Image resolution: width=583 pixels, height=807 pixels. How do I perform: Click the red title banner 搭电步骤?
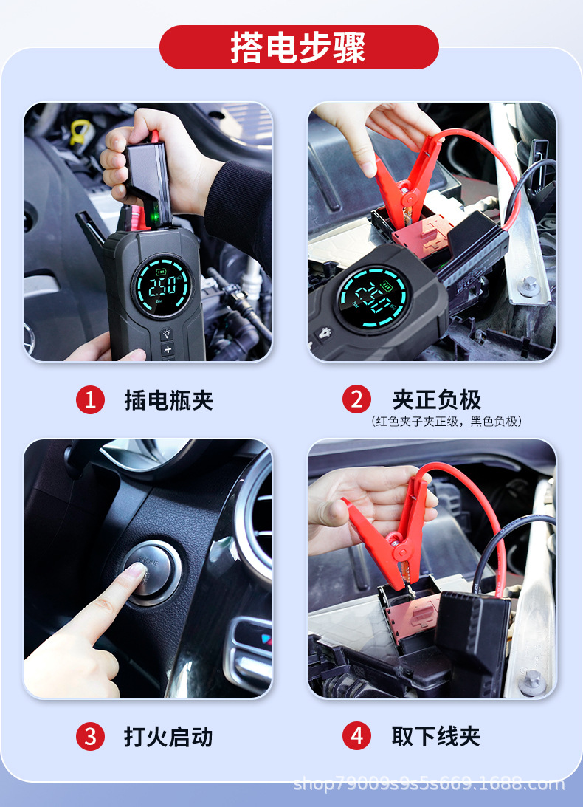point(299,47)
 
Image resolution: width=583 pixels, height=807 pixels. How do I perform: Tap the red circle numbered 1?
point(91,399)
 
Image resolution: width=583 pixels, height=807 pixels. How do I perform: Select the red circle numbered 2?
point(356,399)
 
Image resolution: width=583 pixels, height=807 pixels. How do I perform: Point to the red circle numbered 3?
point(91,737)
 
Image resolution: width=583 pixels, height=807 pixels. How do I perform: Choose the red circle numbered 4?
point(356,736)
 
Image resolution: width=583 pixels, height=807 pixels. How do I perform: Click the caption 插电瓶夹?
point(169,400)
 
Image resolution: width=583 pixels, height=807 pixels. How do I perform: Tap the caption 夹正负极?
point(436,399)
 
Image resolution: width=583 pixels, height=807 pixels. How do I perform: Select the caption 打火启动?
point(168,737)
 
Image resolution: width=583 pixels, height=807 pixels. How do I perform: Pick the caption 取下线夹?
point(436,736)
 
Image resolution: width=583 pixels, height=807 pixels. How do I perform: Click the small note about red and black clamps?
point(446,422)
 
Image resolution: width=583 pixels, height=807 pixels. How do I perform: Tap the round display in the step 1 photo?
point(163,286)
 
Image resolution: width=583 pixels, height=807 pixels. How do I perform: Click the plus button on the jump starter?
point(168,349)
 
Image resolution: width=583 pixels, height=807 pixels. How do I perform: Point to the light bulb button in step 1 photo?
point(167,334)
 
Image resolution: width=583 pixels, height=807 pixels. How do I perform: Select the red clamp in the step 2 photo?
point(407,180)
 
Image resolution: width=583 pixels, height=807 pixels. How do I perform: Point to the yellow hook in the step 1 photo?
point(80,131)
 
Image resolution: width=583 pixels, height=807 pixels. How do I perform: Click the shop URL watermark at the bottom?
point(430,783)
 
